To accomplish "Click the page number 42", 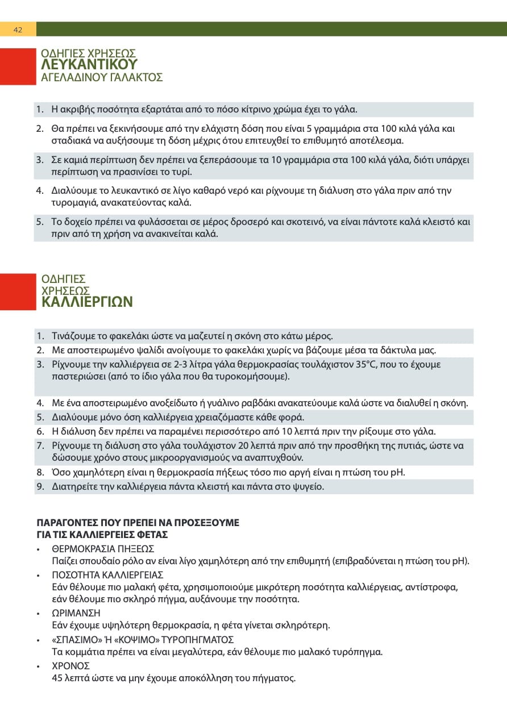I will coord(18,30).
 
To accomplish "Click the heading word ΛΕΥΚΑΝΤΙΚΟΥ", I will coord(89,64).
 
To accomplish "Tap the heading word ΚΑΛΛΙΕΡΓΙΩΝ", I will coord(87,301).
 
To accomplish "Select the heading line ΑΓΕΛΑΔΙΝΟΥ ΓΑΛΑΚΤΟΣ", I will coord(102,77).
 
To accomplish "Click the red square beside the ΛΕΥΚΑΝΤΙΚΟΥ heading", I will coord(18,66).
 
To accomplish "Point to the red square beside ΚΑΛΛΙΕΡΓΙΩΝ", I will coord(18,291).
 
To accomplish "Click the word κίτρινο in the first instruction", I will coord(246,109).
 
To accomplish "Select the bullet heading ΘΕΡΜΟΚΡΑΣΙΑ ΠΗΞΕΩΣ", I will coord(103,549).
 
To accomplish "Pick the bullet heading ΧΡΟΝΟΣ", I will coord(70,666).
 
